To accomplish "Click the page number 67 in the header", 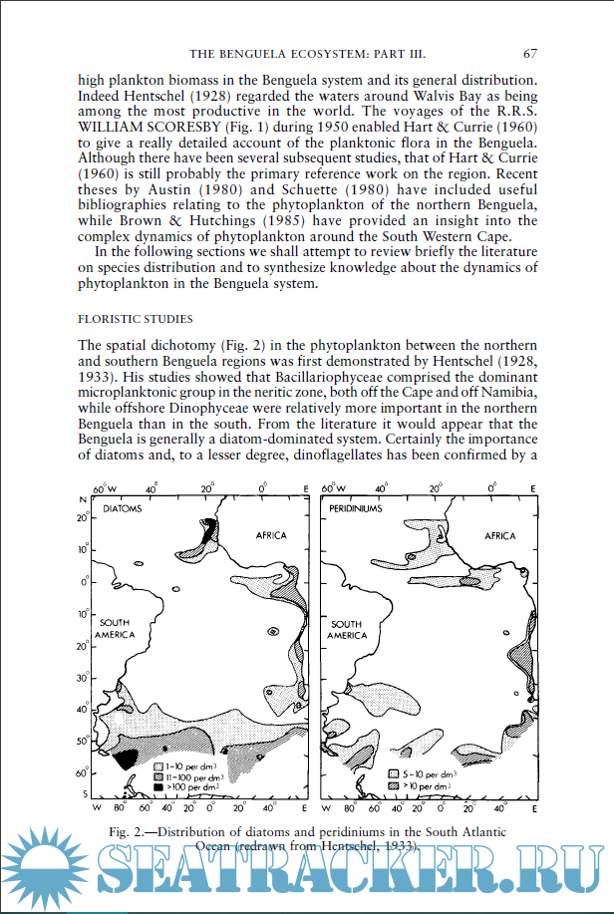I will pos(530,53).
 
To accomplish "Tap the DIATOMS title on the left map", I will pos(123,508).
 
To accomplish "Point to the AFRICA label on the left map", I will pos(271,535).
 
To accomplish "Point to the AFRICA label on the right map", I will pos(499,535).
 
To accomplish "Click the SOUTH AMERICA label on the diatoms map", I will pos(115,628).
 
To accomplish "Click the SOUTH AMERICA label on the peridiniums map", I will pos(347,628).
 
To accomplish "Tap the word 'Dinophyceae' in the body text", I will pos(193,408).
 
